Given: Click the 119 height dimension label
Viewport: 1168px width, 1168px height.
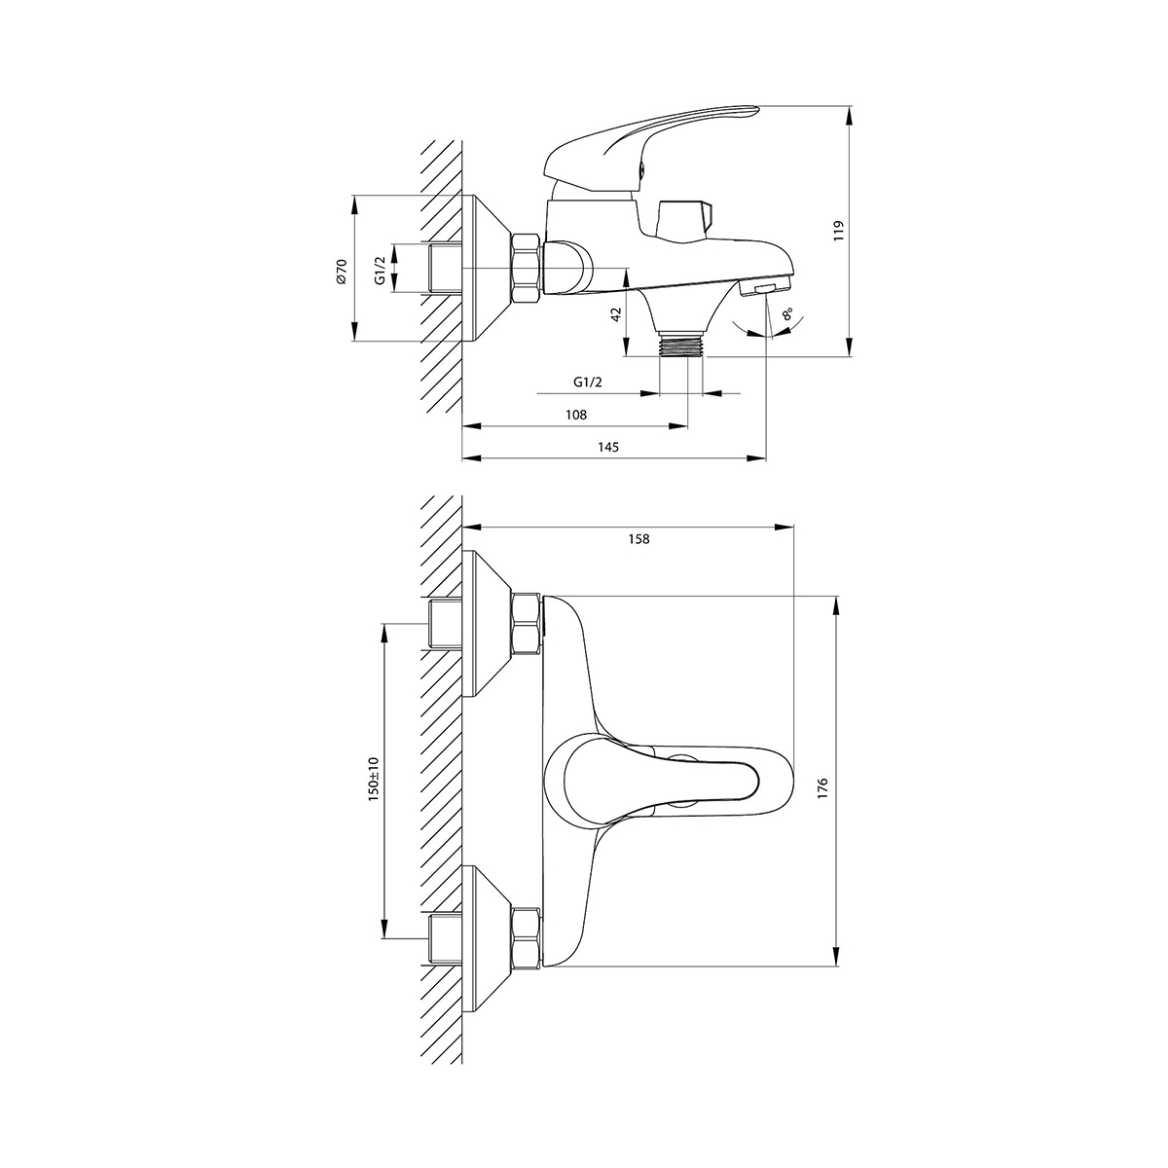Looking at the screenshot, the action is pyautogui.click(x=838, y=231).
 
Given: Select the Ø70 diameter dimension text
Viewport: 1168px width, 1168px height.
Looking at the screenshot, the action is pyautogui.click(x=341, y=271).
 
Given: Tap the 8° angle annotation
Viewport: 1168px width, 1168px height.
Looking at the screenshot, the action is pyautogui.click(x=787, y=314).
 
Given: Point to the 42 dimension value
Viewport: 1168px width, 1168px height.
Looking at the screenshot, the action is pyautogui.click(x=616, y=314).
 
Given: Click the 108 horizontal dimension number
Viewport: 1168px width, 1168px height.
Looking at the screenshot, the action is pyautogui.click(x=576, y=415).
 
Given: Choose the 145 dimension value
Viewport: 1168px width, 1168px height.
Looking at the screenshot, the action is pyautogui.click(x=608, y=448).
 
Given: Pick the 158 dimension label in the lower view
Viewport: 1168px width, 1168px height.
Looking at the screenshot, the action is pyautogui.click(x=639, y=539).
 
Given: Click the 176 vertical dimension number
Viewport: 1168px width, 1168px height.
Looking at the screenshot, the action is pyautogui.click(x=821, y=788).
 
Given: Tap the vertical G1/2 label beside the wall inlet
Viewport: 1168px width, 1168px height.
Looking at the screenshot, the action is pyautogui.click(x=380, y=271).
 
